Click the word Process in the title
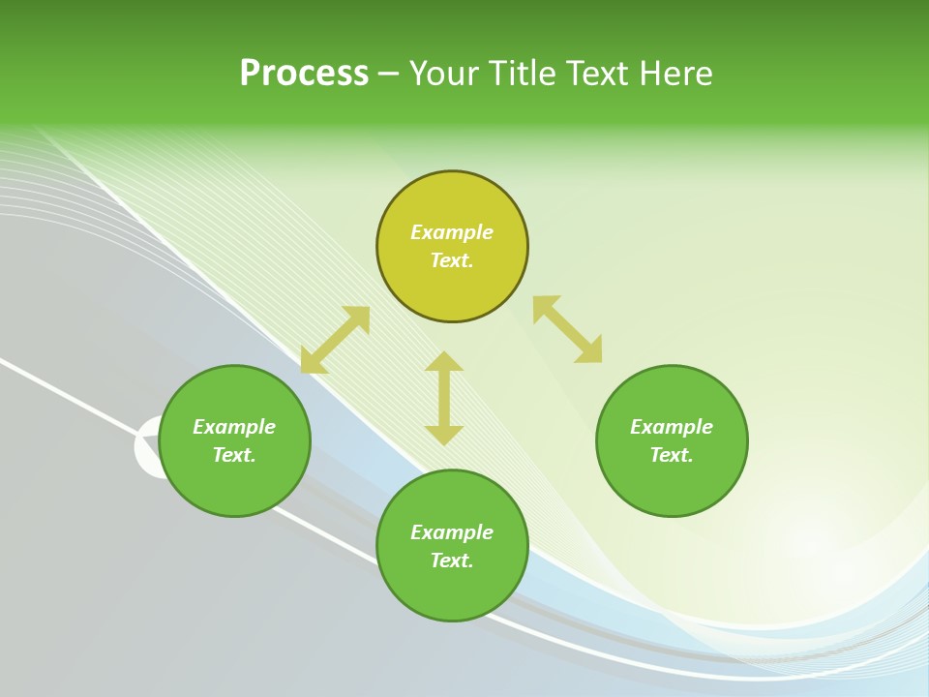point(304,74)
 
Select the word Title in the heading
point(524,74)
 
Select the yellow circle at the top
point(452,281)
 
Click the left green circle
point(234,484)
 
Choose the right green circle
point(672,484)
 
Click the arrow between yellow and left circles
point(335,340)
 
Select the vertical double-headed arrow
point(444,398)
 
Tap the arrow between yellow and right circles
point(567,329)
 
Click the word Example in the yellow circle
point(452,232)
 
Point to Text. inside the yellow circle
point(452,260)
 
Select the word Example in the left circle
point(234,427)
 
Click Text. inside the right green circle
point(672,455)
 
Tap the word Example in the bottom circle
point(452,532)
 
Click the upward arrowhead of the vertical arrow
point(444,361)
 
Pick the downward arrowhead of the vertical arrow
point(444,436)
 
